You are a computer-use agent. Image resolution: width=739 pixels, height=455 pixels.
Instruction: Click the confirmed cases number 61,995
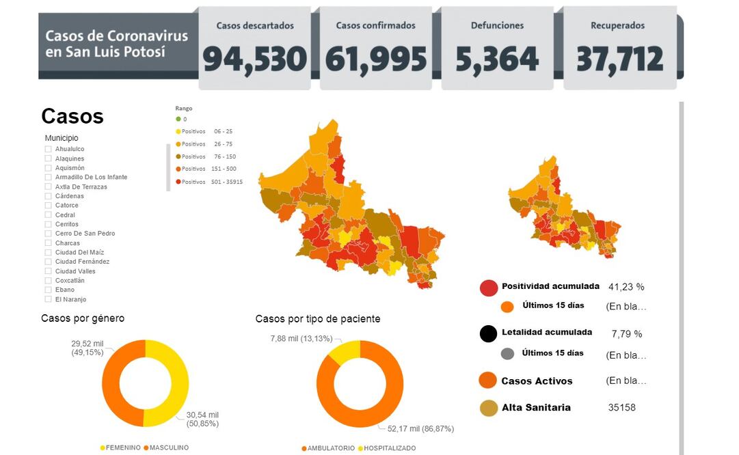tap(375, 59)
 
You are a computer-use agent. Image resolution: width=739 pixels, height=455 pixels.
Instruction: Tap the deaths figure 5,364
tap(497, 59)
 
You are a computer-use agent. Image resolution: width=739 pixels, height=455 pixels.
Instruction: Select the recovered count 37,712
tap(619, 59)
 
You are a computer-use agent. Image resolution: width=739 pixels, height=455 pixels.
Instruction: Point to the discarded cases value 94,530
tap(254, 59)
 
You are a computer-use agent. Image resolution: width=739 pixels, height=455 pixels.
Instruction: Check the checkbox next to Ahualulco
tap(49, 149)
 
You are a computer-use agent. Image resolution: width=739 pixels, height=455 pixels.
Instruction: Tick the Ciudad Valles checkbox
tap(49, 271)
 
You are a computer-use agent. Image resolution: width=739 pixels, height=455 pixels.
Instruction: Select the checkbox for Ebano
tap(49, 290)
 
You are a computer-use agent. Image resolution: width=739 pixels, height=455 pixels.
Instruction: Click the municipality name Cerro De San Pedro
tap(85, 234)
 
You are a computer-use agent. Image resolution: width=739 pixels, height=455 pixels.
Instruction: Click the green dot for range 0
tap(178, 119)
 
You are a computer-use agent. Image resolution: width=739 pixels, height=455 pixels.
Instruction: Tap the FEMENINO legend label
tap(123, 447)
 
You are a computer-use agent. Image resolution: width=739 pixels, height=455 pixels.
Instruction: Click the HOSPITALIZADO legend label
tap(390, 448)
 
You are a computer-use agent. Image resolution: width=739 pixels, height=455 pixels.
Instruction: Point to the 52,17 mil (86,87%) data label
tap(419, 428)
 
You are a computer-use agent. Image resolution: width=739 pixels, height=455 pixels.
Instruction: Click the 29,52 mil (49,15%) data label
tap(88, 348)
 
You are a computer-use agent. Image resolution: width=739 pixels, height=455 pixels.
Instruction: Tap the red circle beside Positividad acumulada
tap(489, 288)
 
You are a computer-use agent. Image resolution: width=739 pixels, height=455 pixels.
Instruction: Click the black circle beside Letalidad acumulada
tap(488, 334)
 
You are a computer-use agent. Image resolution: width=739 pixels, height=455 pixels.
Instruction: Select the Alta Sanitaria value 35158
tap(621, 408)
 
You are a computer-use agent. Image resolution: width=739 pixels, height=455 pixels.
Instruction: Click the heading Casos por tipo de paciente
tap(318, 319)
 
